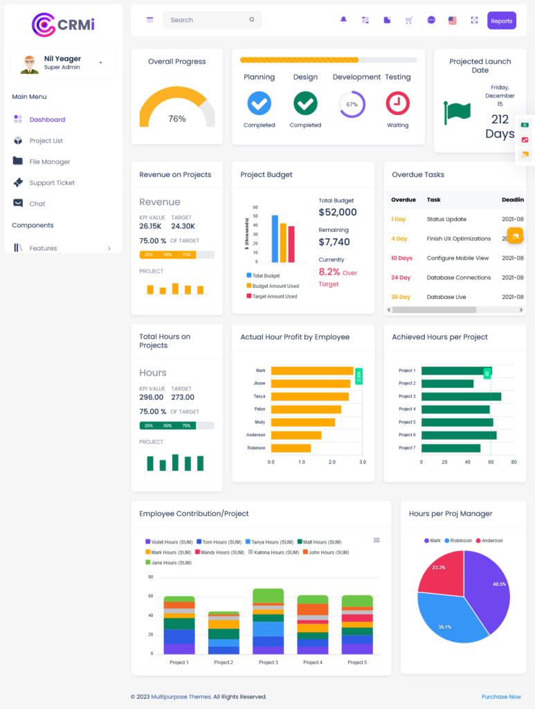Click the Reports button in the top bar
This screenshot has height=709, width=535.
pos(501,21)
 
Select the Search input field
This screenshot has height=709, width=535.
pos(208,20)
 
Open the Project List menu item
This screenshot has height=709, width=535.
pos(46,141)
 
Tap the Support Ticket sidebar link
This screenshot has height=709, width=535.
pos(52,183)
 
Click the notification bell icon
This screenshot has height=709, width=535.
pos(343,20)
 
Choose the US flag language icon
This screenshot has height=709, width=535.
pos(453,21)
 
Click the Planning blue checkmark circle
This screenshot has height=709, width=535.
pos(259,103)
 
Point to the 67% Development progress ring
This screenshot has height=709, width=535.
pos(352,104)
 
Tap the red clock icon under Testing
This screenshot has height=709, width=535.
pos(397,103)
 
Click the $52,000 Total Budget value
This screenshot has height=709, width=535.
pos(338,213)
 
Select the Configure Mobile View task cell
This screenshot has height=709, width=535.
pos(457,258)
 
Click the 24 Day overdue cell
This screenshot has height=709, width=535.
pos(400,278)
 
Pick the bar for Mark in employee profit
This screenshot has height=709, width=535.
pos(311,371)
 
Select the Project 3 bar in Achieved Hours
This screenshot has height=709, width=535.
pos(461,397)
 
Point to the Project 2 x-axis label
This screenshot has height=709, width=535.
pos(223,663)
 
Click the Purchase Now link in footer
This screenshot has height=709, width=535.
pos(501,697)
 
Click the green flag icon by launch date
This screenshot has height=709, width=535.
pos(457,112)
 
